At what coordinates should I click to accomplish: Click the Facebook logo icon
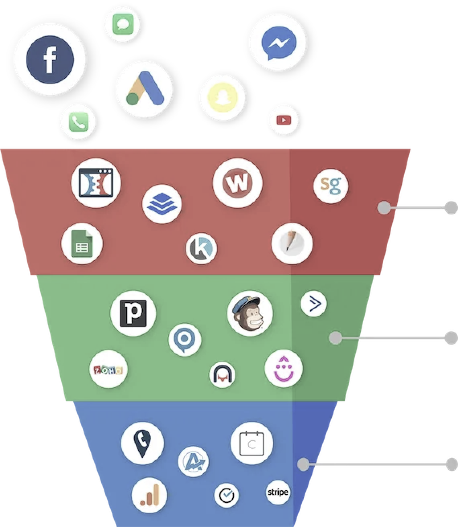click(50, 59)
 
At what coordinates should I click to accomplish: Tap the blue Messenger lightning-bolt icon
click(279, 43)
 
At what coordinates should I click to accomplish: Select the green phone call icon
click(79, 122)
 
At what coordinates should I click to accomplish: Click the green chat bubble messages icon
click(123, 24)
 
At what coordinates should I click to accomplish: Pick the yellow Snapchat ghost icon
click(223, 97)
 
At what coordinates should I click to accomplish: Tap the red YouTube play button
click(284, 120)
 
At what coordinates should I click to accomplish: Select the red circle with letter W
click(237, 183)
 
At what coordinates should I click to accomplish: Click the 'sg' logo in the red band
click(331, 186)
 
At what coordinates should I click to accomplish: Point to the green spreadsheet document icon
click(82, 243)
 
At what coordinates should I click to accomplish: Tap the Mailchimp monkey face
click(249, 313)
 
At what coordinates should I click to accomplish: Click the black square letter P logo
click(133, 313)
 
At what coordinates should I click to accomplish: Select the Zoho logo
click(108, 370)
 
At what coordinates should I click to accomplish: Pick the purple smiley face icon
click(284, 369)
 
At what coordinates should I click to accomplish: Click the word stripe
click(278, 492)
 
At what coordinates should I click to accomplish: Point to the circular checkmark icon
click(226, 495)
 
